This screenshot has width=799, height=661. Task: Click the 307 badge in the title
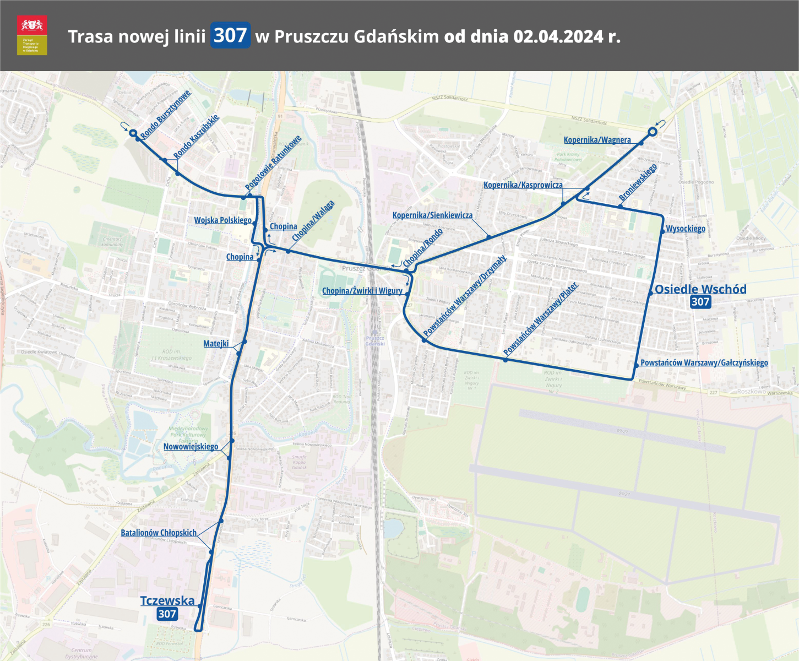pyautogui.click(x=230, y=35)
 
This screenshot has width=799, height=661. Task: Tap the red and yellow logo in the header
pyautogui.click(x=32, y=35)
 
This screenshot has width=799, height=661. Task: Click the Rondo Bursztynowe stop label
pyautogui.click(x=165, y=114)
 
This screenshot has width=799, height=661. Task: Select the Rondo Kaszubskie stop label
pyautogui.click(x=196, y=136)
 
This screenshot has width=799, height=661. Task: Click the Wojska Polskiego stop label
pyautogui.click(x=222, y=220)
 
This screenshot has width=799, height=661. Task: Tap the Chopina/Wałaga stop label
pyautogui.click(x=313, y=221)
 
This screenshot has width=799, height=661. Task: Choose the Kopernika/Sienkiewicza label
pyautogui.click(x=432, y=215)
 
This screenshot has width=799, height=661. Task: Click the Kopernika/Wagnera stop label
pyautogui.click(x=597, y=140)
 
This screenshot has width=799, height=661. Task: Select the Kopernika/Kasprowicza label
pyautogui.click(x=523, y=185)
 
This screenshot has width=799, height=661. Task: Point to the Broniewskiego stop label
pyautogui.click(x=638, y=182)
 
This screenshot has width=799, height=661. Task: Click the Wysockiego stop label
pyautogui.click(x=685, y=229)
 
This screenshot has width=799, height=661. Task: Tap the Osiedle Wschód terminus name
pyautogui.click(x=700, y=289)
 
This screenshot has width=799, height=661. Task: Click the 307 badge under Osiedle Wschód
pyautogui.click(x=700, y=302)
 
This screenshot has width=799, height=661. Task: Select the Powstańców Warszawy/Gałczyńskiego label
pyautogui.click(x=704, y=362)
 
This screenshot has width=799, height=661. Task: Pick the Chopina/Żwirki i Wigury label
pyautogui.click(x=362, y=291)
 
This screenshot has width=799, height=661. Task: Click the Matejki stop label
pyautogui.click(x=216, y=344)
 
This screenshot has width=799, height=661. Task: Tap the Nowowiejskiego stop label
pyautogui.click(x=191, y=446)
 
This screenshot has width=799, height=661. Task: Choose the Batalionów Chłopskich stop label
pyautogui.click(x=159, y=533)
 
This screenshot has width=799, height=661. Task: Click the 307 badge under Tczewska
pyautogui.click(x=167, y=614)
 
